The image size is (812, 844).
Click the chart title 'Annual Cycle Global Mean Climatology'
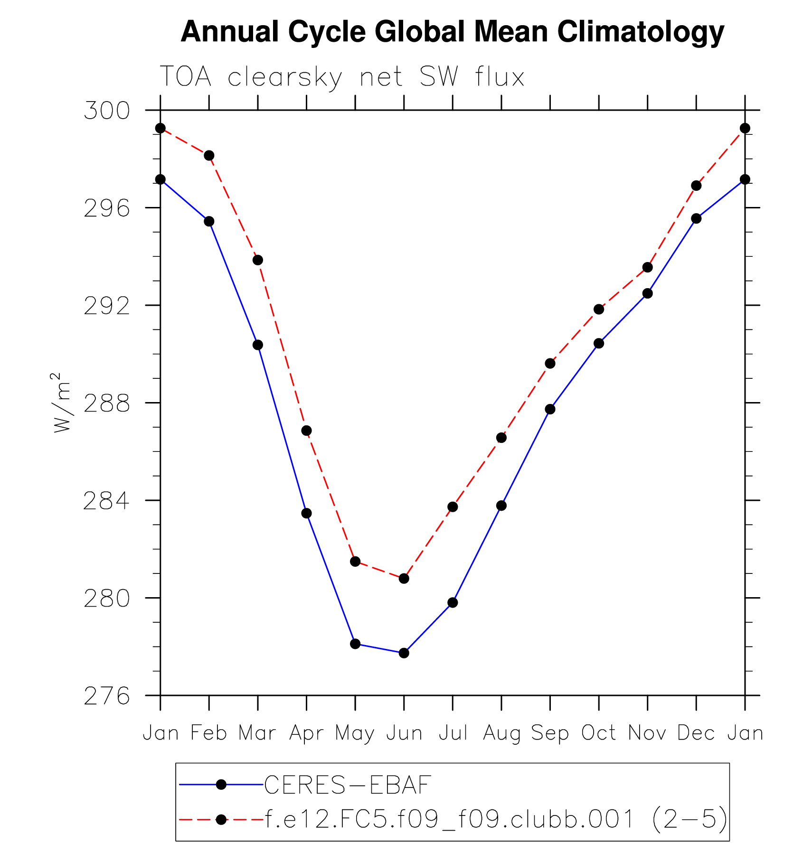coord(452,32)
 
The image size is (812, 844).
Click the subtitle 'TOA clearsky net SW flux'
coord(342,77)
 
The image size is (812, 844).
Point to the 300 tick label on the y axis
coord(106,111)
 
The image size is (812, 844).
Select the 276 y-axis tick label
coord(106,696)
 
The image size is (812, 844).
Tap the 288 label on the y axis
coord(106,403)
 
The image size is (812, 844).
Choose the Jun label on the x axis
coord(404,733)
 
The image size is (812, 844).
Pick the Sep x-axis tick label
coord(550,733)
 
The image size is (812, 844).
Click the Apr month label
coord(306,733)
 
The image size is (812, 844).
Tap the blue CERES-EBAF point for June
coord(404,653)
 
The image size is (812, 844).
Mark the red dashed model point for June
coord(404,578)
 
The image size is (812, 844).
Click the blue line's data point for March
coord(258,345)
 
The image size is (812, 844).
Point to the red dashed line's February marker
coord(209,155)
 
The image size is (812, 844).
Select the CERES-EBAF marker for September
coord(550,409)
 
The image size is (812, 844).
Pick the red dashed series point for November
coord(648,267)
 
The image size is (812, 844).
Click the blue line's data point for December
coord(696,218)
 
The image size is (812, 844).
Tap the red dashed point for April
coord(306,431)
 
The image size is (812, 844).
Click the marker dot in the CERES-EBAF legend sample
coord(221,785)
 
